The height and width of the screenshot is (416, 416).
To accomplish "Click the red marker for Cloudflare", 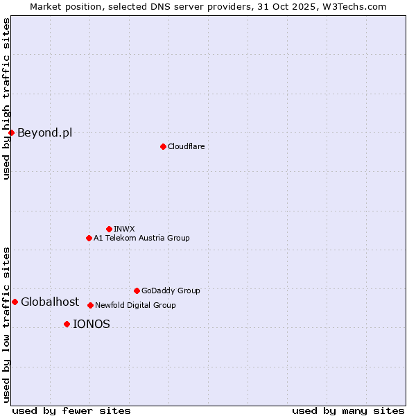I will tap(163, 146).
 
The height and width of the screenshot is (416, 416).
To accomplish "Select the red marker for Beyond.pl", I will tap(11, 132).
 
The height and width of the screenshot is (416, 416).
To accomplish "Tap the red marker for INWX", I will tap(109, 229).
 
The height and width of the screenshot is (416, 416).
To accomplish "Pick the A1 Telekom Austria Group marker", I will tap(89, 238).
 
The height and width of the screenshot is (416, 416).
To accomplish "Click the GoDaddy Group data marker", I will tap(137, 291).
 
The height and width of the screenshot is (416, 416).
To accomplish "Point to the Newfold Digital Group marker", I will tap(90, 305).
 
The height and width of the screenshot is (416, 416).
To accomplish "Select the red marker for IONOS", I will tap(67, 324).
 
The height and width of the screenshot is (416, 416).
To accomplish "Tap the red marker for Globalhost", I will tap(15, 302).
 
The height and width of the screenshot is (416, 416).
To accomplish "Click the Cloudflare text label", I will tap(186, 146).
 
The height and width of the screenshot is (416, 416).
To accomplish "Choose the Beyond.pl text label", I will tap(44, 132).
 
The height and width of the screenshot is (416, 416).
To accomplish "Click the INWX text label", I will tap(124, 229).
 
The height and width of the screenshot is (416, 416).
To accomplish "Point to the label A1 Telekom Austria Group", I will tap(141, 238).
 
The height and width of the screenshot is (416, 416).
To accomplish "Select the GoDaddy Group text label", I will tap(171, 291).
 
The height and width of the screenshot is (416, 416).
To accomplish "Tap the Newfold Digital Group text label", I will tap(135, 305).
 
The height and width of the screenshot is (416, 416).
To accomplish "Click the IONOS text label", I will tap(92, 324).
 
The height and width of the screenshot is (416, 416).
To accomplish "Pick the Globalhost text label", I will tap(50, 302).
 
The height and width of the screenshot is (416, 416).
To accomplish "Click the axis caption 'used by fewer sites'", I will tap(71, 410).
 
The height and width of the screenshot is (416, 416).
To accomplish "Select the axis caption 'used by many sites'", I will tap(348, 410).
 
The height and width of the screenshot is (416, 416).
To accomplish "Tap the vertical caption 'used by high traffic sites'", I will tap(6, 98).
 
